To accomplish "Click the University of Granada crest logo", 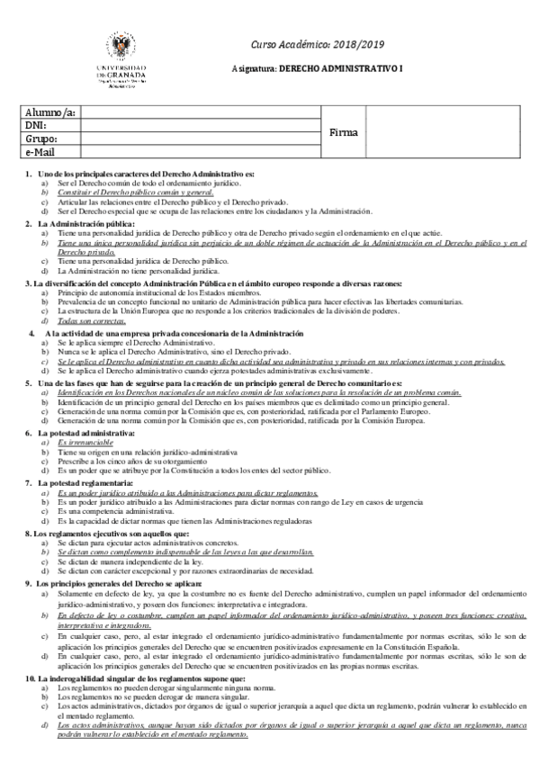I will tap(124, 46).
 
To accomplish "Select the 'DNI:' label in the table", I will tap(38, 127).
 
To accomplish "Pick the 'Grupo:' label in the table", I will tap(42, 139).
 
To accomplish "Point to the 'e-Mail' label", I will tap(41, 153).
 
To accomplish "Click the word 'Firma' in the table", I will tap(344, 132).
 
